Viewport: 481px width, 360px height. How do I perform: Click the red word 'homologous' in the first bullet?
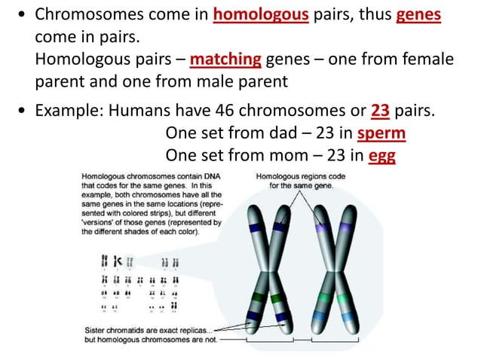pyautogui.click(x=259, y=15)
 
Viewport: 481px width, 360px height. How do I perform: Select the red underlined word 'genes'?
pyautogui.click(x=418, y=15)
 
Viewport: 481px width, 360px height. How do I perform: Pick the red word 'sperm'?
pyautogui.click(x=381, y=134)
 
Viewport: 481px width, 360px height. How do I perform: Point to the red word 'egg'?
pyautogui.click(x=382, y=155)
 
